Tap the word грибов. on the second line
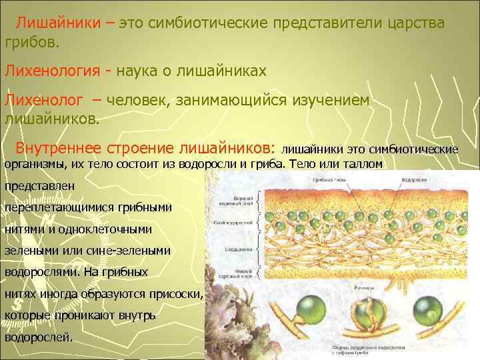(32, 43)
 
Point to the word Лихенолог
(45, 99)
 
